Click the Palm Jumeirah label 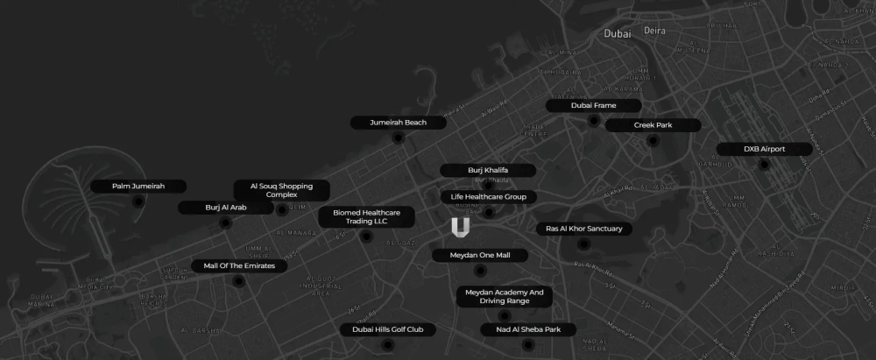tap(139, 187)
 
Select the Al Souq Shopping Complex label tap(281, 190)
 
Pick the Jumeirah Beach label tap(398, 123)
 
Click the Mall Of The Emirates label tap(239, 265)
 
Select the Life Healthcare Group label tap(488, 197)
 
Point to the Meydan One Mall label tap(480, 255)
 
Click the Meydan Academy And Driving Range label tap(505, 297)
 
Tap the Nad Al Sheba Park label tap(528, 330)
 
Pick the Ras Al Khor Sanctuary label tap(583, 229)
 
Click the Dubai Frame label tap(593, 105)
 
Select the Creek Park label tap(653, 125)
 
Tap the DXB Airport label tap(765, 149)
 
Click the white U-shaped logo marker tap(461, 229)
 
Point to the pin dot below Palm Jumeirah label tap(138, 202)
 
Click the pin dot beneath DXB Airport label tap(765, 165)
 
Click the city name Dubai tap(618, 33)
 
